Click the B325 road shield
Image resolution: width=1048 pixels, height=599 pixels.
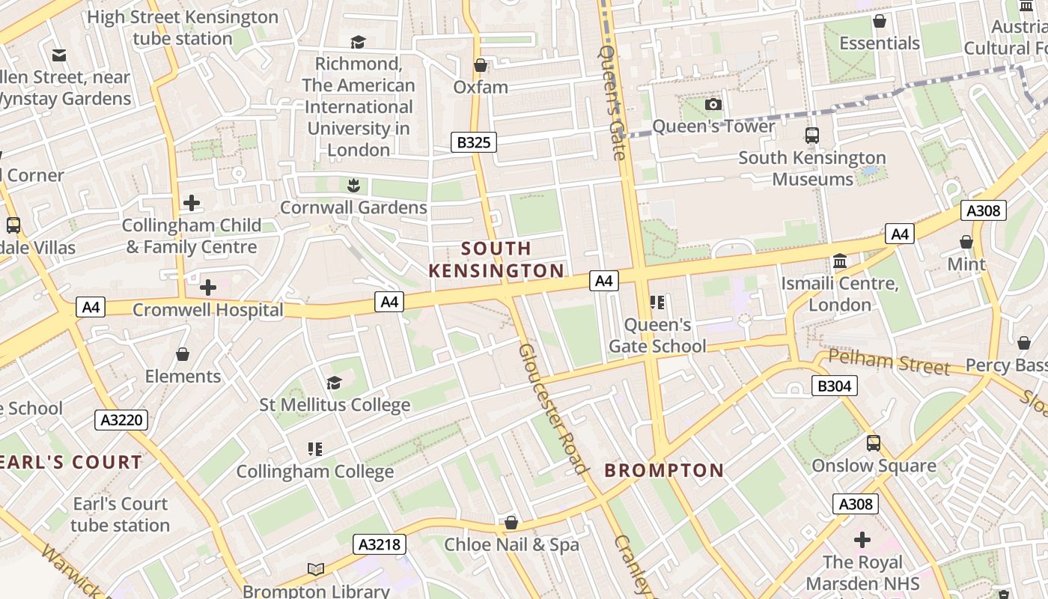click(473, 142)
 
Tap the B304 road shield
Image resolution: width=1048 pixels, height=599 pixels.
click(834, 386)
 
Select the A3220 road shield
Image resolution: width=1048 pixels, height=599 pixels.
click(121, 420)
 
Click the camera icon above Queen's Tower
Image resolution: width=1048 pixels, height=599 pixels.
click(713, 104)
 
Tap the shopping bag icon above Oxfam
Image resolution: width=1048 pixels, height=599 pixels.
click(481, 65)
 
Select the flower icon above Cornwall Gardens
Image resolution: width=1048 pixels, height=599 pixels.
click(353, 185)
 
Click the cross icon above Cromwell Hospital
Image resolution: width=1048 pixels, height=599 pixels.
click(208, 287)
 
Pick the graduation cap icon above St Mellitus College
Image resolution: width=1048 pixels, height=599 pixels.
click(334, 383)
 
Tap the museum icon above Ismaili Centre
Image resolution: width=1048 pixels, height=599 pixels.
click(840, 261)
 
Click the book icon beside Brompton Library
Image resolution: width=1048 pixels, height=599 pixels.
click(316, 569)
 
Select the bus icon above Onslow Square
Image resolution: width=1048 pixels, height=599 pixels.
click(874, 443)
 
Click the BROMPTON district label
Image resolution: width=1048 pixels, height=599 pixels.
click(664, 470)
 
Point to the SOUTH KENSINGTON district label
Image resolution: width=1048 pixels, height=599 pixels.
click(496, 259)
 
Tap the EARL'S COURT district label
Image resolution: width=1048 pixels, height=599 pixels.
click(72, 462)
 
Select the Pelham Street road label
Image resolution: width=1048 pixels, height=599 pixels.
click(889, 363)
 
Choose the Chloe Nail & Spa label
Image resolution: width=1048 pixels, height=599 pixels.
click(512, 544)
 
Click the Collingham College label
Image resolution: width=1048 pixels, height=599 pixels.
click(315, 472)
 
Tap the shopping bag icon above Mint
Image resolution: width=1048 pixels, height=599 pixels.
click(966, 242)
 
